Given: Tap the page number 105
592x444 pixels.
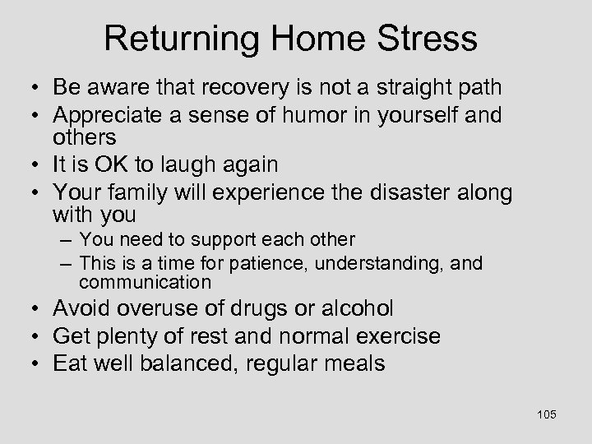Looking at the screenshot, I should pos(546,414).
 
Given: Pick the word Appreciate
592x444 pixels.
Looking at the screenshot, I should pos(106,116).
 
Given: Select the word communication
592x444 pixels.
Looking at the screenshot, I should pos(146,283).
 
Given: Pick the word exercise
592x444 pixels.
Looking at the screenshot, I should pos(395,336).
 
